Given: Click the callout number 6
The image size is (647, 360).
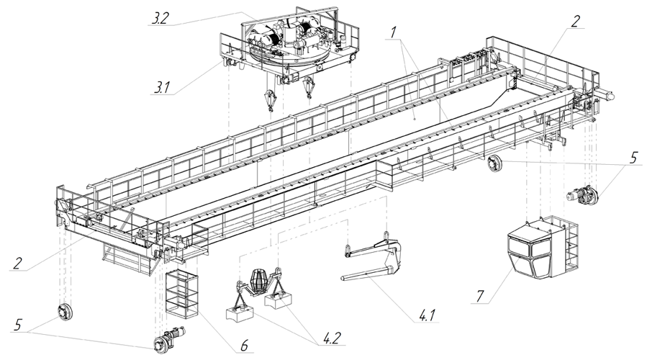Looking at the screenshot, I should coord(244,346).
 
